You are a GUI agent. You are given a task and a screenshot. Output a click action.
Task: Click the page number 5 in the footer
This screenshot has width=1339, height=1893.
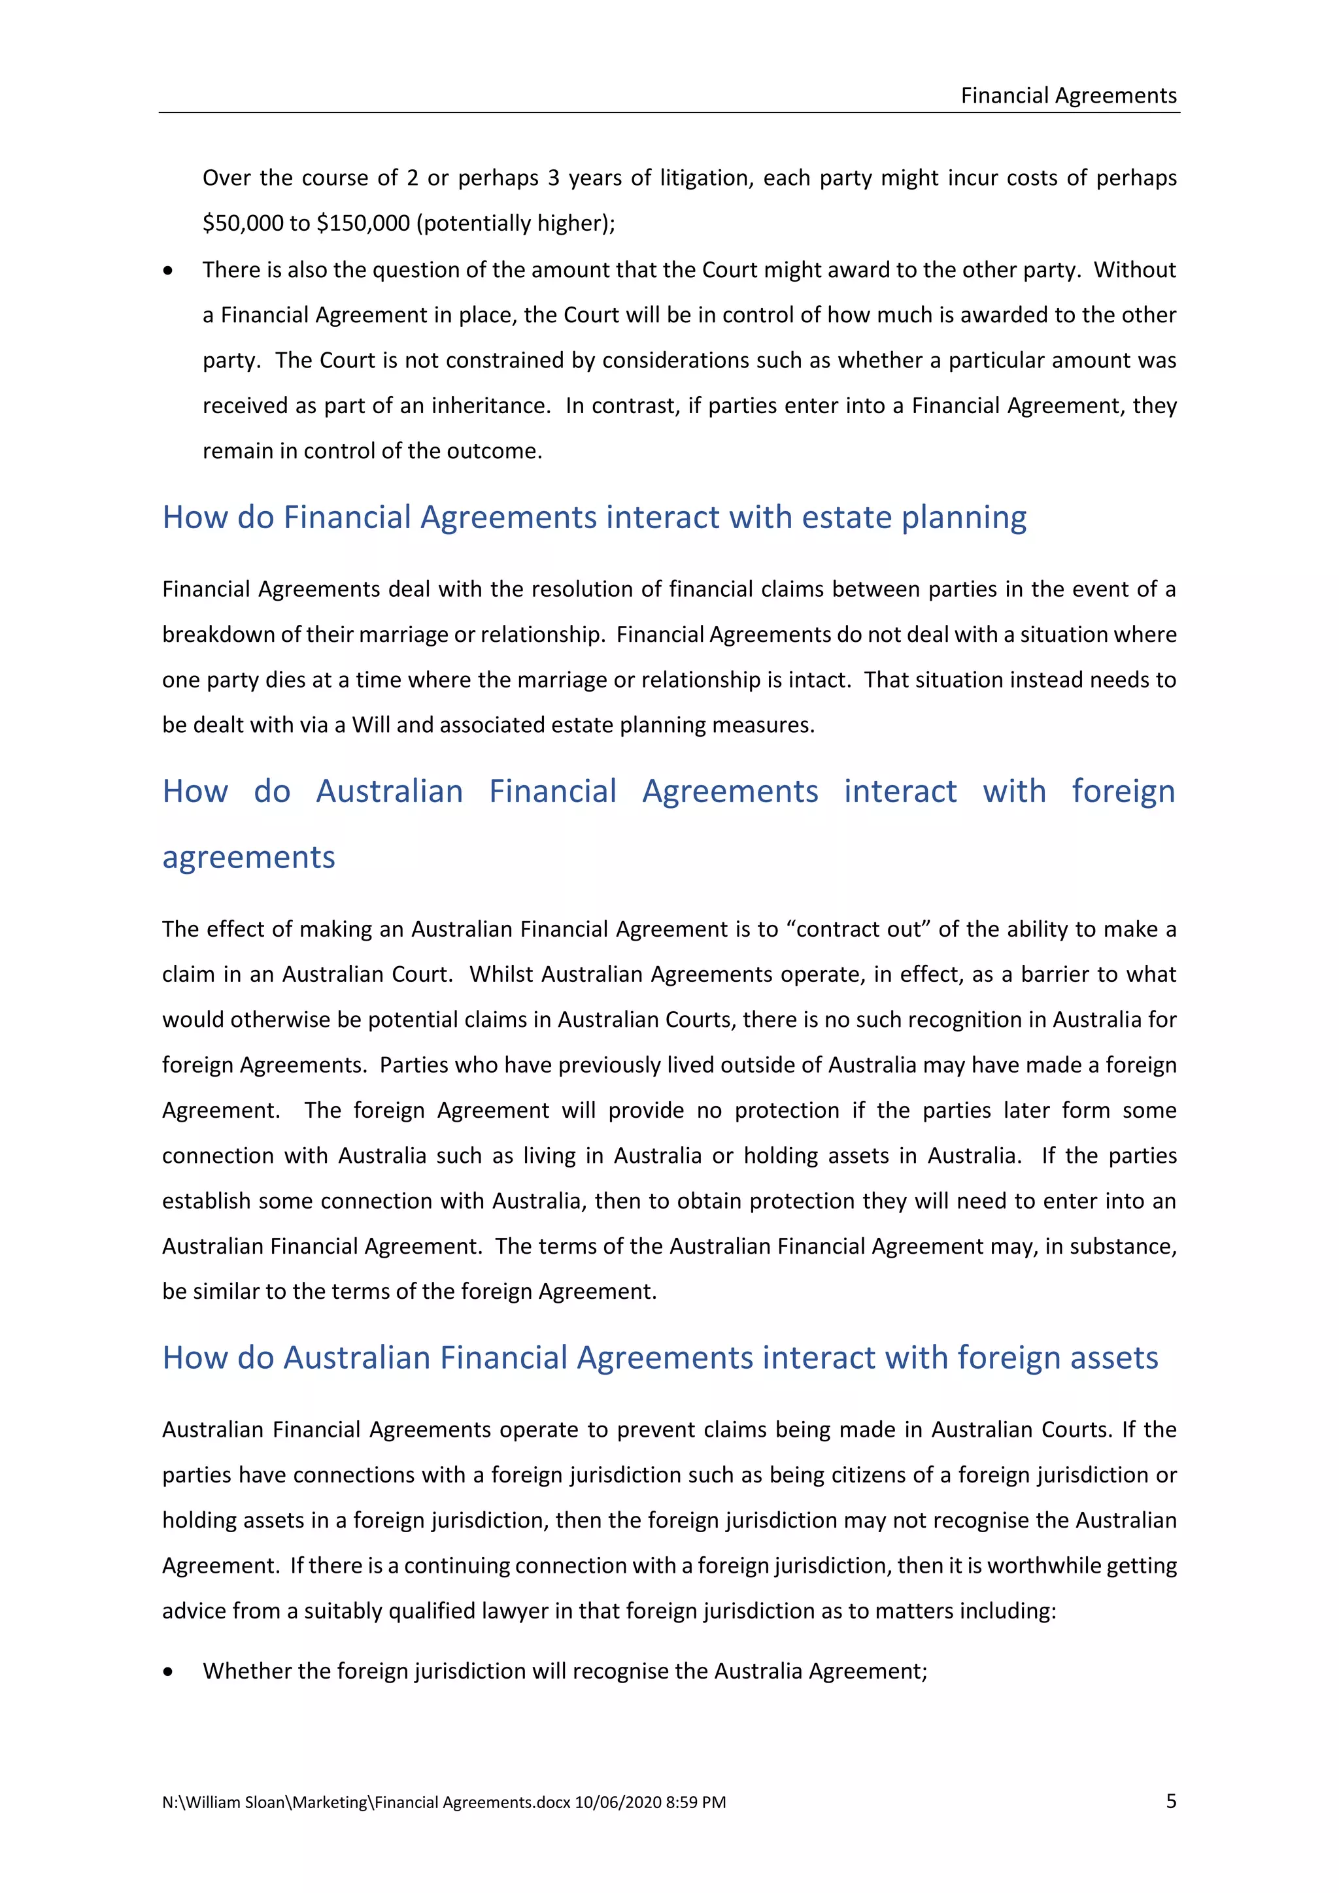point(1171,1801)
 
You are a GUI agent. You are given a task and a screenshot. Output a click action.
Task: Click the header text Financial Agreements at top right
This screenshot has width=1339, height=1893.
point(1068,95)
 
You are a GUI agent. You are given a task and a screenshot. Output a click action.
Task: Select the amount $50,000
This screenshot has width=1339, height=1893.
point(241,224)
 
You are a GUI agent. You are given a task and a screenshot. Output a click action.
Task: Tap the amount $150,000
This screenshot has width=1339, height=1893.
point(363,224)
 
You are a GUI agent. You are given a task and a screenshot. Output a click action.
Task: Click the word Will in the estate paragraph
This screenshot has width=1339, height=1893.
point(370,725)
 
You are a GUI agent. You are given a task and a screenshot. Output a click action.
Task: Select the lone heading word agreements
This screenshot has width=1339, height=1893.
point(248,858)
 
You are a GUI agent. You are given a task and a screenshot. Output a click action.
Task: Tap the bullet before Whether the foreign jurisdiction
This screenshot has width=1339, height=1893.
point(168,1672)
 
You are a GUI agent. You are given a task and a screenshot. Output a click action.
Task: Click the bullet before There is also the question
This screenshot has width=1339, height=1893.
point(168,271)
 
